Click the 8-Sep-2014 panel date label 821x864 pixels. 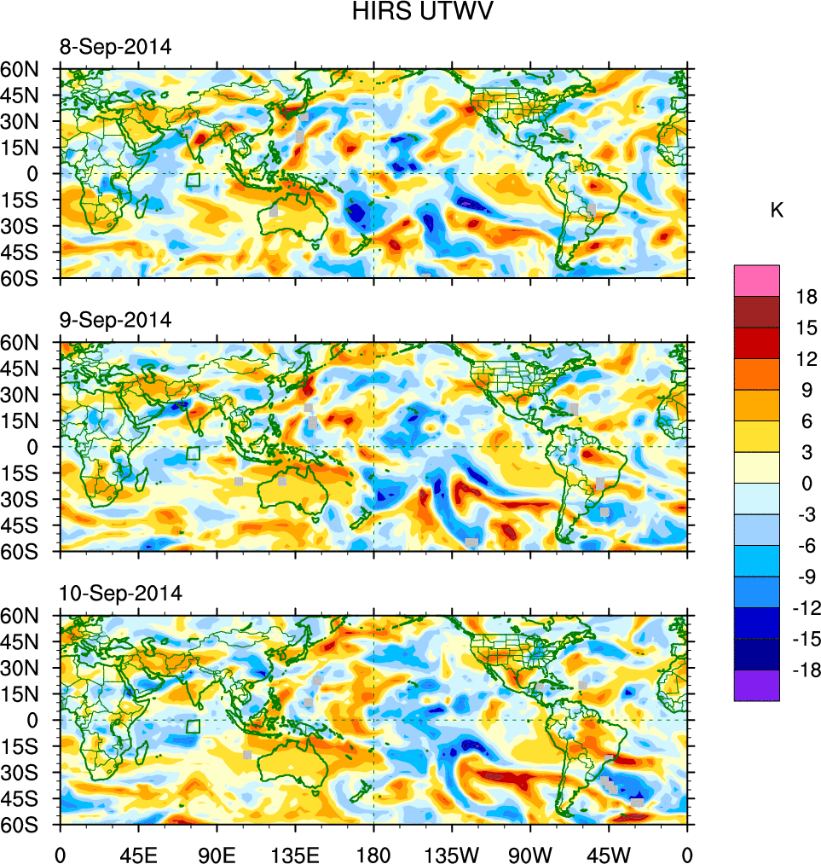[x=115, y=47]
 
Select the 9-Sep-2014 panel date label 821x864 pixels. [x=115, y=320]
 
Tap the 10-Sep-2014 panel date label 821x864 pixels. [x=119, y=593]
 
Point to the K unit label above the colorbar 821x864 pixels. [x=777, y=211]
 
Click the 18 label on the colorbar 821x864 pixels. [x=807, y=297]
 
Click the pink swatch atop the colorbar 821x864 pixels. [x=756, y=280]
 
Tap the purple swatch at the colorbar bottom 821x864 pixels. [x=756, y=685]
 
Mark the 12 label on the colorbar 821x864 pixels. [x=807, y=359]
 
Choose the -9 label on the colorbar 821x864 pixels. [x=803, y=577]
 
